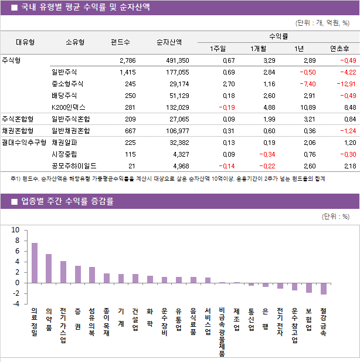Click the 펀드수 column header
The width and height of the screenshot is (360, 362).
(x=120, y=42)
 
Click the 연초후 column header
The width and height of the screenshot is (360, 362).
(x=339, y=49)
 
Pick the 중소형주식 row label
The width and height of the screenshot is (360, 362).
(x=67, y=84)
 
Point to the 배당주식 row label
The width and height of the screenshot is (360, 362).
(x=64, y=96)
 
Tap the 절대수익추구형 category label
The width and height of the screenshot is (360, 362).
(x=24, y=143)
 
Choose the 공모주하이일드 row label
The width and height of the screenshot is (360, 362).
(x=74, y=166)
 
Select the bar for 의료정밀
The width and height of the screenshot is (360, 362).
(x=35, y=263)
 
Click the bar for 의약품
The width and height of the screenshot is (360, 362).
(x=49, y=268)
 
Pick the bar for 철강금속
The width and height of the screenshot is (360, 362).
(x=324, y=288)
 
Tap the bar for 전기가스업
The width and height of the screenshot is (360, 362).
(x=63, y=272)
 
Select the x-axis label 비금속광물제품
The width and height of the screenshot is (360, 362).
(x=222, y=331)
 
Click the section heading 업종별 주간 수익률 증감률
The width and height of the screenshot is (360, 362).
(x=67, y=201)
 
